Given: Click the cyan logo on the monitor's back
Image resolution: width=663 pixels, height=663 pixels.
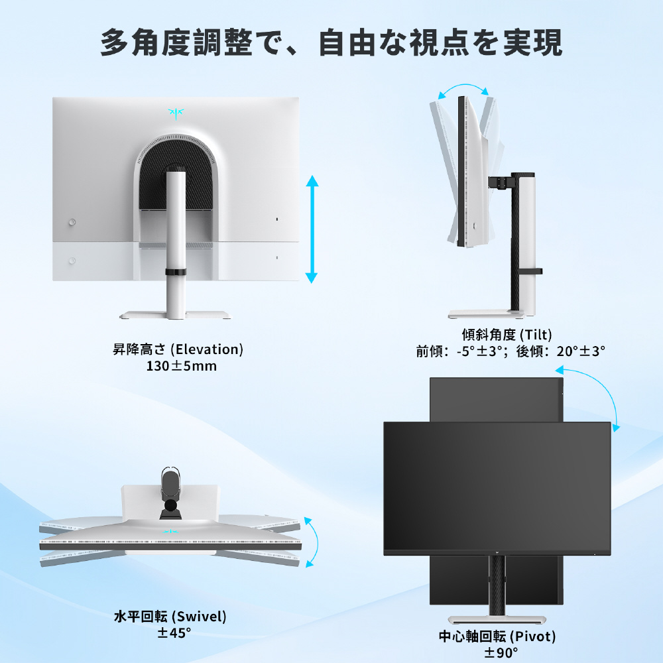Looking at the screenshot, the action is pos(176,113).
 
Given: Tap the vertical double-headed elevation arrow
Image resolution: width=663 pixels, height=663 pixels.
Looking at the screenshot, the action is pos(312,229).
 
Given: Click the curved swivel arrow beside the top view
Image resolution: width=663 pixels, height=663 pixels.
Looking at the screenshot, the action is pos(312,542).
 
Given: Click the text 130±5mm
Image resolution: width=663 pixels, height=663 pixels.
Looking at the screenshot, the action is pos(182,366).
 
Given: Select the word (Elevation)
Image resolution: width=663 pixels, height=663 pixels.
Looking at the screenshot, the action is pos(207,349).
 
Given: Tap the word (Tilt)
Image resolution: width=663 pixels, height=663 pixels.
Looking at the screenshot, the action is pos(536,335).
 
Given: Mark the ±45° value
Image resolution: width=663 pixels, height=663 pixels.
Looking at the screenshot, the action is pos(174,633).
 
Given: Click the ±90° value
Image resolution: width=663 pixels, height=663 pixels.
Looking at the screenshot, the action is pos(501,652).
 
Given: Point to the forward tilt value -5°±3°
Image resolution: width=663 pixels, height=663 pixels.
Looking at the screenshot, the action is pos(479,351).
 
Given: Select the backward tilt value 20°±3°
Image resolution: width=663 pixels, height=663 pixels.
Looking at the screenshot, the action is pos(581,351).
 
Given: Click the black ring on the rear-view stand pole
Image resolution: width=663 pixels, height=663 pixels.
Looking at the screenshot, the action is pos(176,271).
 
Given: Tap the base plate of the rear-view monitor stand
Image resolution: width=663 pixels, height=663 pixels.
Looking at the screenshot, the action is pos(176,315).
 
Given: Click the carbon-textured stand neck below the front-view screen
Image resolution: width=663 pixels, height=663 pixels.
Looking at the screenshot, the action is pos(497,585).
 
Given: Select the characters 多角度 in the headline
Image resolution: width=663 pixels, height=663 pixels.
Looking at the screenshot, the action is pos(145,42).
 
